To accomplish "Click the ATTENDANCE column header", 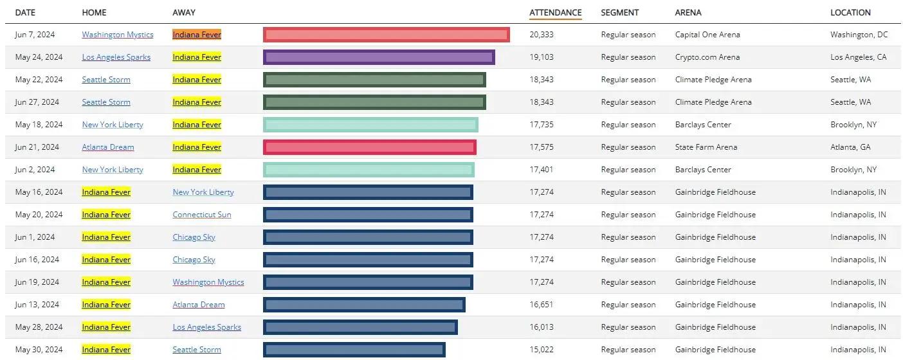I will tap(555, 12).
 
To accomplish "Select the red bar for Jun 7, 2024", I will tap(386, 35).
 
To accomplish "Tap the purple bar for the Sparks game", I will tap(379, 57).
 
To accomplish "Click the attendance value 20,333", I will tap(542, 35).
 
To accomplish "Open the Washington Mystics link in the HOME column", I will tap(118, 35).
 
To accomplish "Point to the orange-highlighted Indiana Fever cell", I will tap(197, 35).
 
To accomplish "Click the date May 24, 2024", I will tap(39, 57).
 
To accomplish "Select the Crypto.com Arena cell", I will tap(707, 57).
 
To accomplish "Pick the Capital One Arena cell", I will tap(707, 35).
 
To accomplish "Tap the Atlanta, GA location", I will tap(850, 147).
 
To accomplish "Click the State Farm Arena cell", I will tap(706, 147).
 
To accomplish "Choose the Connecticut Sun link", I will tap(202, 215).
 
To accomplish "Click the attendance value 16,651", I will tap(542, 305).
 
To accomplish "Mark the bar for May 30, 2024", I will tap(354, 350).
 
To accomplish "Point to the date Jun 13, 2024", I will tap(37, 305).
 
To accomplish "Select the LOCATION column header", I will tap(850, 12).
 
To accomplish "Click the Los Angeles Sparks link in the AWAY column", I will tap(206, 327).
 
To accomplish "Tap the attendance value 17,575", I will tap(542, 147).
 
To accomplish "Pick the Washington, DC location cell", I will tap(859, 35).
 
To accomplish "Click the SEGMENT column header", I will tap(620, 12).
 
